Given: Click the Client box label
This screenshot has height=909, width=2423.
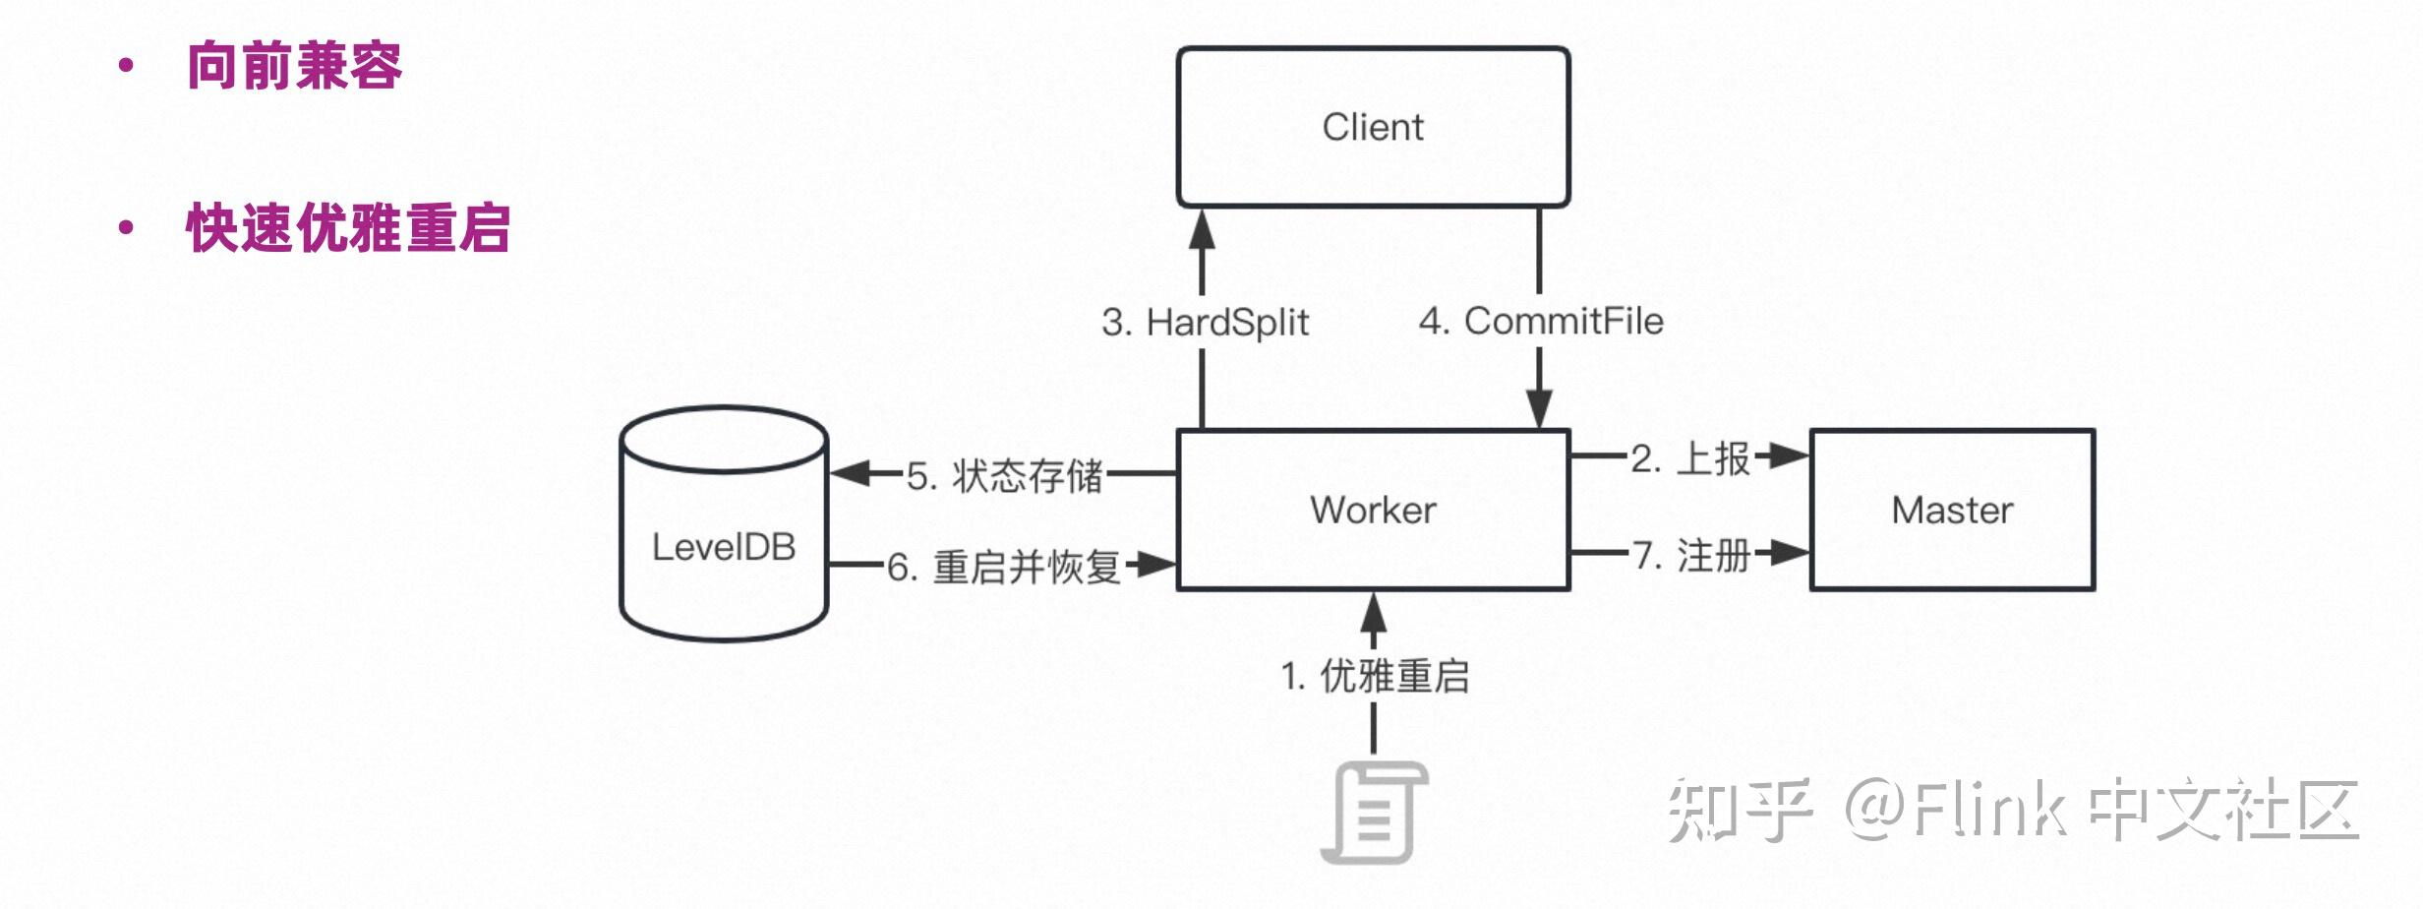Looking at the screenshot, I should (1372, 127).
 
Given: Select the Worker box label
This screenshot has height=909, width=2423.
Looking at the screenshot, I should (1372, 510).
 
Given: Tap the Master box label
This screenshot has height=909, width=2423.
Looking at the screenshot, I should (1952, 510).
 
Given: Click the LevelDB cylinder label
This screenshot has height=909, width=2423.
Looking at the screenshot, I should (724, 547).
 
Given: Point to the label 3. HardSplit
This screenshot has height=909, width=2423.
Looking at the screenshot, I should (1205, 323).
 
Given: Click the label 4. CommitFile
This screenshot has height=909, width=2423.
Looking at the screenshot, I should (1541, 321).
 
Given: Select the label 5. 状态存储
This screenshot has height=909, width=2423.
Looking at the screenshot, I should (1004, 476).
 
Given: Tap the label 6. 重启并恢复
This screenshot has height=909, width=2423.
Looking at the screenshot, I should (1004, 568).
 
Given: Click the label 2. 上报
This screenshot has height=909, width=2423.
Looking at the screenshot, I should (1690, 458).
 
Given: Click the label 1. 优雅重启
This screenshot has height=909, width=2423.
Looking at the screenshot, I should (1374, 677).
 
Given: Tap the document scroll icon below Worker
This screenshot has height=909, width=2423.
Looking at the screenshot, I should (1373, 813).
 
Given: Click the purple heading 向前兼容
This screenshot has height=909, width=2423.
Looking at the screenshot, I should (294, 66).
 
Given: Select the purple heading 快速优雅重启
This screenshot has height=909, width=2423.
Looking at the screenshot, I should (348, 228).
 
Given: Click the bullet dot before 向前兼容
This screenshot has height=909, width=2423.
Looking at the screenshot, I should (125, 66).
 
